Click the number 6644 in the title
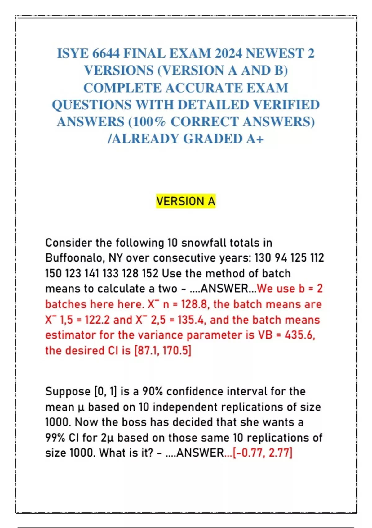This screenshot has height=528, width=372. click(106, 54)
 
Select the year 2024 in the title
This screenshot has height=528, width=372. click(228, 54)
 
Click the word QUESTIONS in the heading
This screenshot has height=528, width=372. click(92, 105)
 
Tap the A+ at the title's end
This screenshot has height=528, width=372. click(255, 139)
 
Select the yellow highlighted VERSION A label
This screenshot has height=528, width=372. click(186, 201)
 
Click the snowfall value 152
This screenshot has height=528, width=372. click(150, 273)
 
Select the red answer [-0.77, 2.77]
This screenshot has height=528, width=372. click(263, 453)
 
